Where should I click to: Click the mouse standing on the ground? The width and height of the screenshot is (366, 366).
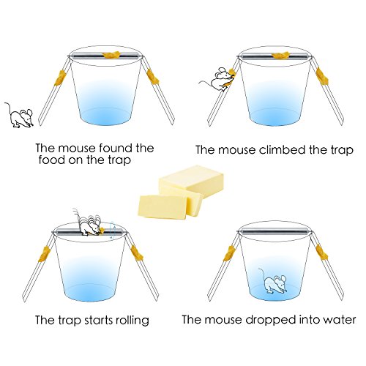20,116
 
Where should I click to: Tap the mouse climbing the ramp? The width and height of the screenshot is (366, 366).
218,79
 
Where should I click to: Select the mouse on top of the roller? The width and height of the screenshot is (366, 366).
89,223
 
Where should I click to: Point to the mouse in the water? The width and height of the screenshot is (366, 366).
273,282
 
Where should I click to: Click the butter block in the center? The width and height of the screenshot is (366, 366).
181,191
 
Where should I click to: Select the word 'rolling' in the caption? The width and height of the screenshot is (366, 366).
132,320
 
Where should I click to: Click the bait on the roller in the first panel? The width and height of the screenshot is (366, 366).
111,55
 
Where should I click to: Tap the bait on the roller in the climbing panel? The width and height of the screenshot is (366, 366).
280,56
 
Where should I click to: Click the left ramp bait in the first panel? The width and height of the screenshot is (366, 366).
60,78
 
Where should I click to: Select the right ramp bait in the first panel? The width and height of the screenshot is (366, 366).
153,77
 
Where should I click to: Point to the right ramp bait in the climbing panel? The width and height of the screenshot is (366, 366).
322,76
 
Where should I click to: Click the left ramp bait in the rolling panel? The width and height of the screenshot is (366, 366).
45,253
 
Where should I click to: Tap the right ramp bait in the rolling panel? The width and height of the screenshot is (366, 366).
137,253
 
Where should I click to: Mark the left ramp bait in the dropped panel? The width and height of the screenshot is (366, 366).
229,253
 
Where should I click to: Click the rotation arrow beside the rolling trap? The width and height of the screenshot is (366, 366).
112,230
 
